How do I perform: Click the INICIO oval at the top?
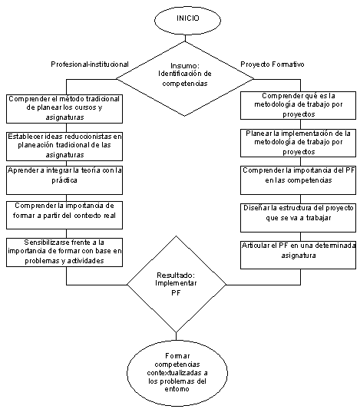pyautogui.click(x=187, y=21)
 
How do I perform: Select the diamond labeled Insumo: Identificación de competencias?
pyautogui.click(x=185, y=79)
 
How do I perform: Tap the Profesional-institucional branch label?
pyautogui.click(x=90, y=64)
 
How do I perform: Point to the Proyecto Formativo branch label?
pyautogui.click(x=272, y=64)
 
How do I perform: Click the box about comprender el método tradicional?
pyautogui.click(x=64, y=109)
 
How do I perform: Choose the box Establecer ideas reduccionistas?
pyautogui.click(x=64, y=147)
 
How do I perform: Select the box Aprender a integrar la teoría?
pyautogui.click(x=64, y=180)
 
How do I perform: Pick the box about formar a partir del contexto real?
pyautogui.click(x=64, y=215)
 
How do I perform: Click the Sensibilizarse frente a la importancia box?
pyautogui.click(x=64, y=252)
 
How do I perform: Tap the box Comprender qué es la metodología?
pyautogui.click(x=298, y=105)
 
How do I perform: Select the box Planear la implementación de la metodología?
pyautogui.click(x=298, y=143)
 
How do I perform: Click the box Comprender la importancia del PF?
pyautogui.click(x=298, y=180)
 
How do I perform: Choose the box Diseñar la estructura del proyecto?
pyautogui.click(x=298, y=218)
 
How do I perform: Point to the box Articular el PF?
pyautogui.click(x=298, y=255)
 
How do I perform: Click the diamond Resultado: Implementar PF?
pyautogui.click(x=177, y=285)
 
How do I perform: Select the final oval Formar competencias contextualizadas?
pyautogui.click(x=177, y=373)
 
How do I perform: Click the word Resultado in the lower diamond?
pyautogui.click(x=176, y=275)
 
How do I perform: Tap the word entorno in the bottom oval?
pyautogui.click(x=177, y=389)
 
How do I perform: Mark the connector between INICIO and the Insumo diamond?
pyautogui.click(x=185, y=38)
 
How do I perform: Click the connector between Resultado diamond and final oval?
pyautogui.click(x=176, y=337)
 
